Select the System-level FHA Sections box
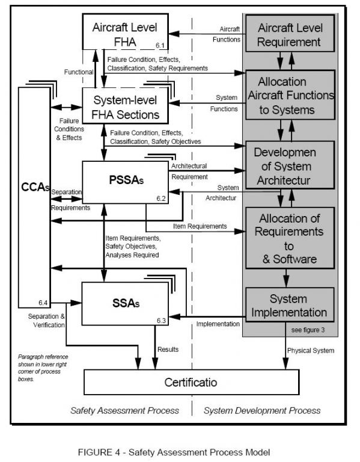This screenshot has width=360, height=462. (124, 106)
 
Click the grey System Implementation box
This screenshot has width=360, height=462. (289, 306)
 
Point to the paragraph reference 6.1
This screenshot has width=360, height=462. (159, 45)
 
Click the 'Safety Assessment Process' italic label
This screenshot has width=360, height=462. (124, 410)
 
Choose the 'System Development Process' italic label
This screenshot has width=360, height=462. (262, 410)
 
